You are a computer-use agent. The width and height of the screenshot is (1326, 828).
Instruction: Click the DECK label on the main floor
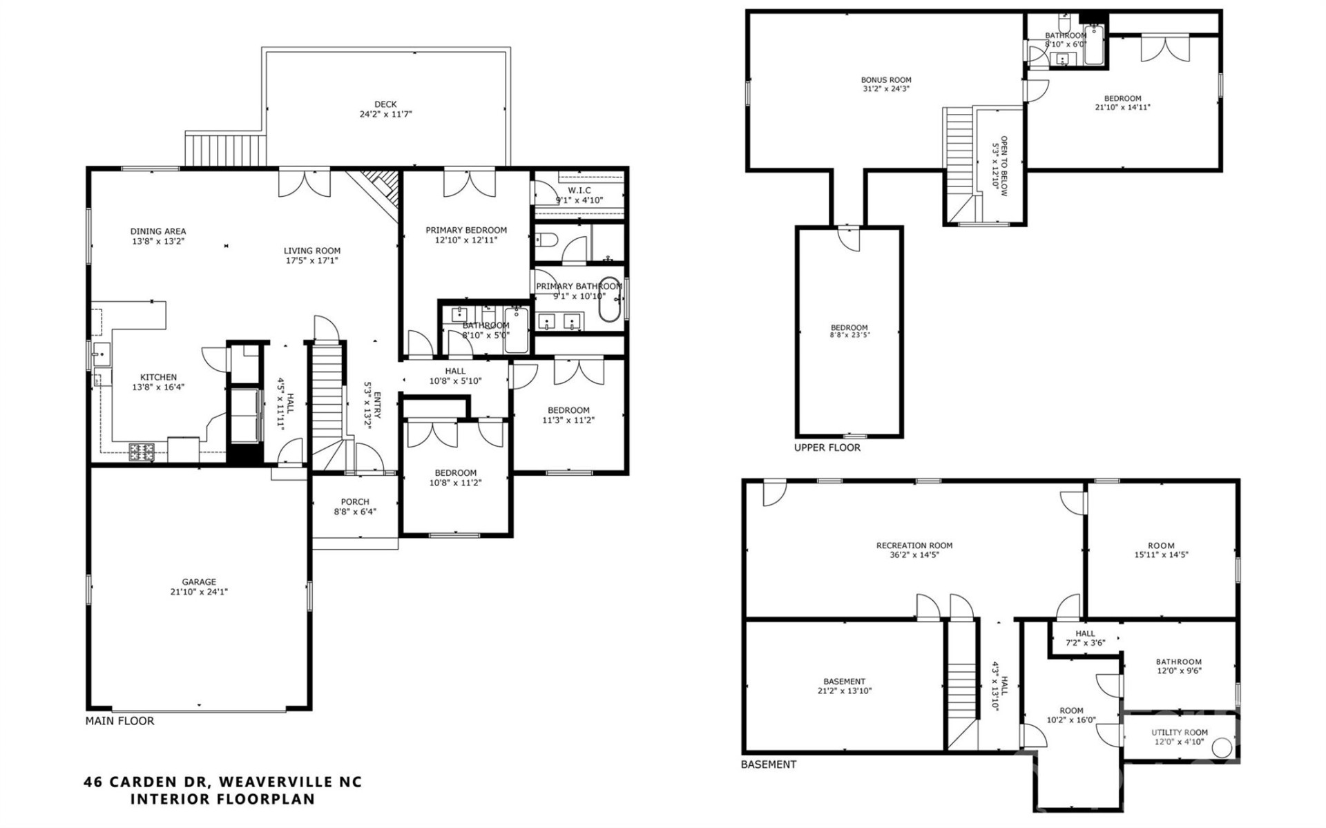click(x=385, y=104)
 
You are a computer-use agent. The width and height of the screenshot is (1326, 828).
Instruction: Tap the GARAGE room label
click(x=199, y=582)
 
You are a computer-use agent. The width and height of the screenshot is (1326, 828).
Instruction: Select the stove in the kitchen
click(x=142, y=452)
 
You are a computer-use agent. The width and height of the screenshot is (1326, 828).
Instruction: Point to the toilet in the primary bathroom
click(x=546, y=241)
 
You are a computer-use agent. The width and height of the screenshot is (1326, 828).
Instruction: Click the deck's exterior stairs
click(x=226, y=150)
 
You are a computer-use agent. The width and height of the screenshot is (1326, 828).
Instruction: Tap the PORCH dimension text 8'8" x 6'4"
click(x=355, y=512)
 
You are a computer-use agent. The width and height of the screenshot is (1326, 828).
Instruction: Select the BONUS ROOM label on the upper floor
click(x=886, y=80)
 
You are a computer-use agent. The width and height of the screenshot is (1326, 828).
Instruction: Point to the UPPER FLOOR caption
click(x=827, y=447)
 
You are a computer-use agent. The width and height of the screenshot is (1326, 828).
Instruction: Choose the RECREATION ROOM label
click(x=914, y=546)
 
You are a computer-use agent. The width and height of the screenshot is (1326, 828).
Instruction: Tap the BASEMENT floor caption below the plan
click(x=768, y=764)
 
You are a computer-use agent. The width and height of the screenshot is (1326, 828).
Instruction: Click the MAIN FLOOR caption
click(x=119, y=721)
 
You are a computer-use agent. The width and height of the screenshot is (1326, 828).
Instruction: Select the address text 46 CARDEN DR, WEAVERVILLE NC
click(x=222, y=782)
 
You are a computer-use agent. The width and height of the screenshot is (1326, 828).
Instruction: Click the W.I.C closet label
click(x=579, y=191)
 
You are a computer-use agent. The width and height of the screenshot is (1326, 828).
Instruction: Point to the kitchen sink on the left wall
click(x=101, y=355)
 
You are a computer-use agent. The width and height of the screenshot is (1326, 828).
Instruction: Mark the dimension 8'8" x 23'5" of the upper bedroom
click(x=849, y=335)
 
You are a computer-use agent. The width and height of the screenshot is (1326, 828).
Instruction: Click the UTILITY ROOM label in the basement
click(x=1179, y=733)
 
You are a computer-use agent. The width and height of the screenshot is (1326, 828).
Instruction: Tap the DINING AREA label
click(x=158, y=231)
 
